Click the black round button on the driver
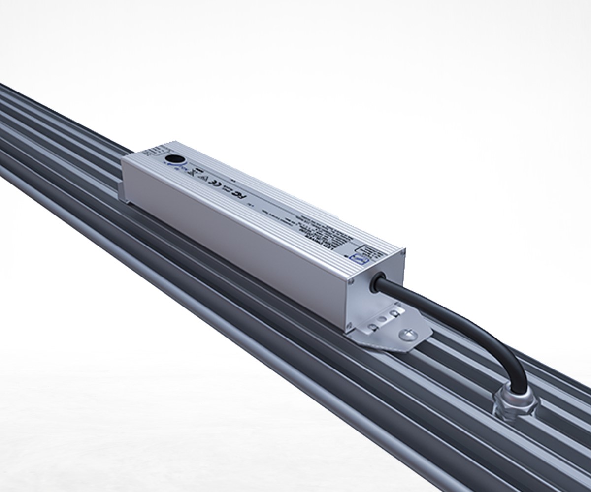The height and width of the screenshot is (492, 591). pyautogui.click(x=172, y=159)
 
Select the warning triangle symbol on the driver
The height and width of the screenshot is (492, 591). pyautogui.click(x=194, y=173)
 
